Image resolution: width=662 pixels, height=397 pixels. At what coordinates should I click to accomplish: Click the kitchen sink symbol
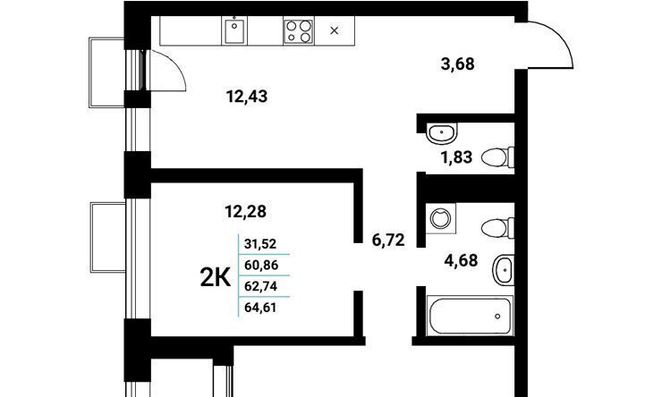coord(234,30)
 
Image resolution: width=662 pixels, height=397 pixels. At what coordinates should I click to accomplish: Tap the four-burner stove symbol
coord(299,31)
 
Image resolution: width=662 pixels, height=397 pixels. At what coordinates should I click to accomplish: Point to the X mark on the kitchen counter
coord(334,30)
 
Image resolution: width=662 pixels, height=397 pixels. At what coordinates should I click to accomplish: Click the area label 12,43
coord(247,97)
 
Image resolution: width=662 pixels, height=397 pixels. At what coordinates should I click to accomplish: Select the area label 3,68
coord(458,64)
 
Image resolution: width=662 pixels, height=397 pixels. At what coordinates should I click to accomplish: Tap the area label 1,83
coord(457,157)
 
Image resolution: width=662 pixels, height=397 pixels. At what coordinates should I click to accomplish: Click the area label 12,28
coord(246,211)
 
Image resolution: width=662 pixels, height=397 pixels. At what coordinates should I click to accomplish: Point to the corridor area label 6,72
coord(388,240)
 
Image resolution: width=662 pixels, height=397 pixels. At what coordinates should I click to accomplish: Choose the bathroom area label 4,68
coord(461,260)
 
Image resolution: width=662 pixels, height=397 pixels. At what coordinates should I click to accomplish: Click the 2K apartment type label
coord(216,278)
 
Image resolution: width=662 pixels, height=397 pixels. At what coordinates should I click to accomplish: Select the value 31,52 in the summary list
coord(260,244)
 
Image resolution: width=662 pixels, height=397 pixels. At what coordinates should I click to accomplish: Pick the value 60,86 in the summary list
coord(261,266)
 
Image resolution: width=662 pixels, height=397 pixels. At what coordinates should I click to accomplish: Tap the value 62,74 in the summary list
coord(261,286)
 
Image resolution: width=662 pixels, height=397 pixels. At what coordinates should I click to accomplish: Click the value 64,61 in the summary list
coord(260,308)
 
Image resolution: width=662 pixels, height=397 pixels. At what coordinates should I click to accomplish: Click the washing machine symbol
coord(441,218)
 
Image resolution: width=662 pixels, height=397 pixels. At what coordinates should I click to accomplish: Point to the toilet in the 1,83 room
coord(497,157)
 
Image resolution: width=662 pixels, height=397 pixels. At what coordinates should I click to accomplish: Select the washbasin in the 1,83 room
coord(442,133)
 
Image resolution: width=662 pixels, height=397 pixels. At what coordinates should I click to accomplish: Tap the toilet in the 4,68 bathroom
coord(497,228)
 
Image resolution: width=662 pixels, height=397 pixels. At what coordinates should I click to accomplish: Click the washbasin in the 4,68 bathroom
coord(504,270)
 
